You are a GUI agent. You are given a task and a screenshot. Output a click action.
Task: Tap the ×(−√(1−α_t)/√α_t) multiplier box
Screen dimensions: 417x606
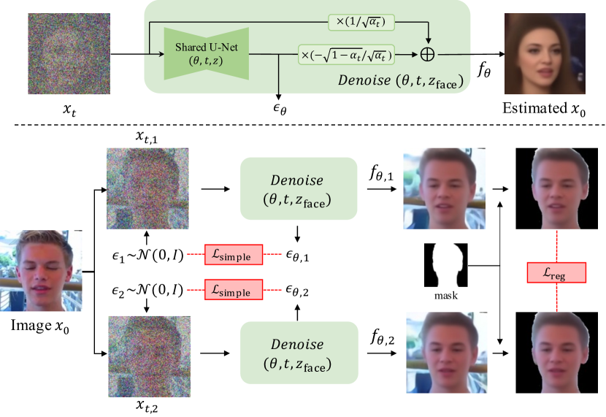point(346,53)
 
